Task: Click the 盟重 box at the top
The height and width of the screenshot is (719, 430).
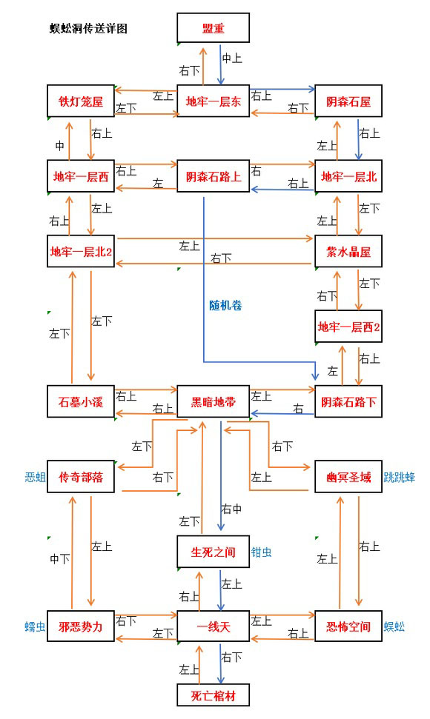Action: coord(213,28)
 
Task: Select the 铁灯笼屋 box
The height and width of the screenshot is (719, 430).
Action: coord(81,101)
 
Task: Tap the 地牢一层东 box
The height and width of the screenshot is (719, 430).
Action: coord(213,101)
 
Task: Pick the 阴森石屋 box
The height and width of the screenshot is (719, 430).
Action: coord(348,101)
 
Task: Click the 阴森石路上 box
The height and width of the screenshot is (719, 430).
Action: coord(213,176)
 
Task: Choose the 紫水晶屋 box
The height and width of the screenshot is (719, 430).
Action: coord(348,251)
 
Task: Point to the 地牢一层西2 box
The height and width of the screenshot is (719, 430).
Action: coord(348,327)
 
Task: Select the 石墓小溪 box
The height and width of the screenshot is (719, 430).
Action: coord(81,401)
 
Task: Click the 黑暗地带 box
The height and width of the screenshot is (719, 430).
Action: coord(213,401)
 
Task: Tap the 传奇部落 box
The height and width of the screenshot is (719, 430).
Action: coord(81,477)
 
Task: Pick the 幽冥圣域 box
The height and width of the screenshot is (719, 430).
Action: coord(348,477)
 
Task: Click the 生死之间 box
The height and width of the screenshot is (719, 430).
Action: coord(213,552)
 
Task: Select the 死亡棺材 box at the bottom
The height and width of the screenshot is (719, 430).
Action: coord(213,695)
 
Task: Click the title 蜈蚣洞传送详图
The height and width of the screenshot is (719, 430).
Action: coord(88,28)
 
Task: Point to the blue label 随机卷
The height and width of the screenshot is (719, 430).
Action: coord(225,305)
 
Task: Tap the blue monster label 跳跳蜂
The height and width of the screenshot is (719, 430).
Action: coord(400,478)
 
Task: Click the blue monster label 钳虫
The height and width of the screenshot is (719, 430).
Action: coord(261,552)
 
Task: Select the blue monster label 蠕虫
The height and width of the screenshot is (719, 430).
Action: coord(35,627)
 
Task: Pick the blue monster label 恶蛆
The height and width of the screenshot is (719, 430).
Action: coord(35,478)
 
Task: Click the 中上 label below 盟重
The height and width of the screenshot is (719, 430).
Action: coord(232,58)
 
